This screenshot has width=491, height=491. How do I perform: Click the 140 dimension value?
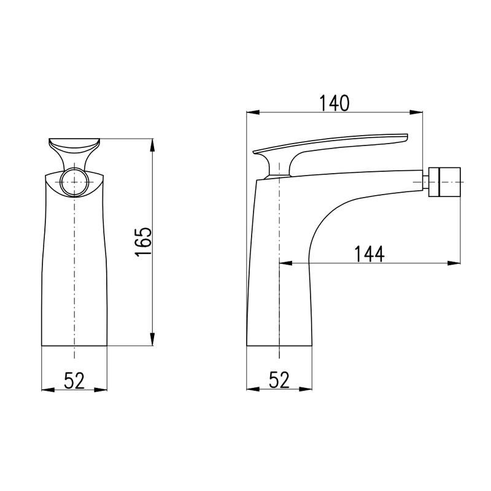pos(333,103)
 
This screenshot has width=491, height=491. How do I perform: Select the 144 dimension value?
pos(369,254)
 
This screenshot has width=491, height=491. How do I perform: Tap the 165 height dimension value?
pos(144,242)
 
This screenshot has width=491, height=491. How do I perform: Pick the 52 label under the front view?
pos(74,381)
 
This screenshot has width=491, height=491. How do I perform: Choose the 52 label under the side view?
pos(279,380)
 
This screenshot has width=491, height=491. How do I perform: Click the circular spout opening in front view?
pos(74,182)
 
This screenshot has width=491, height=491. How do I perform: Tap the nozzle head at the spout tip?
pos(444,182)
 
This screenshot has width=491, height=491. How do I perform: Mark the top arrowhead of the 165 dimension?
pos(152,145)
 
